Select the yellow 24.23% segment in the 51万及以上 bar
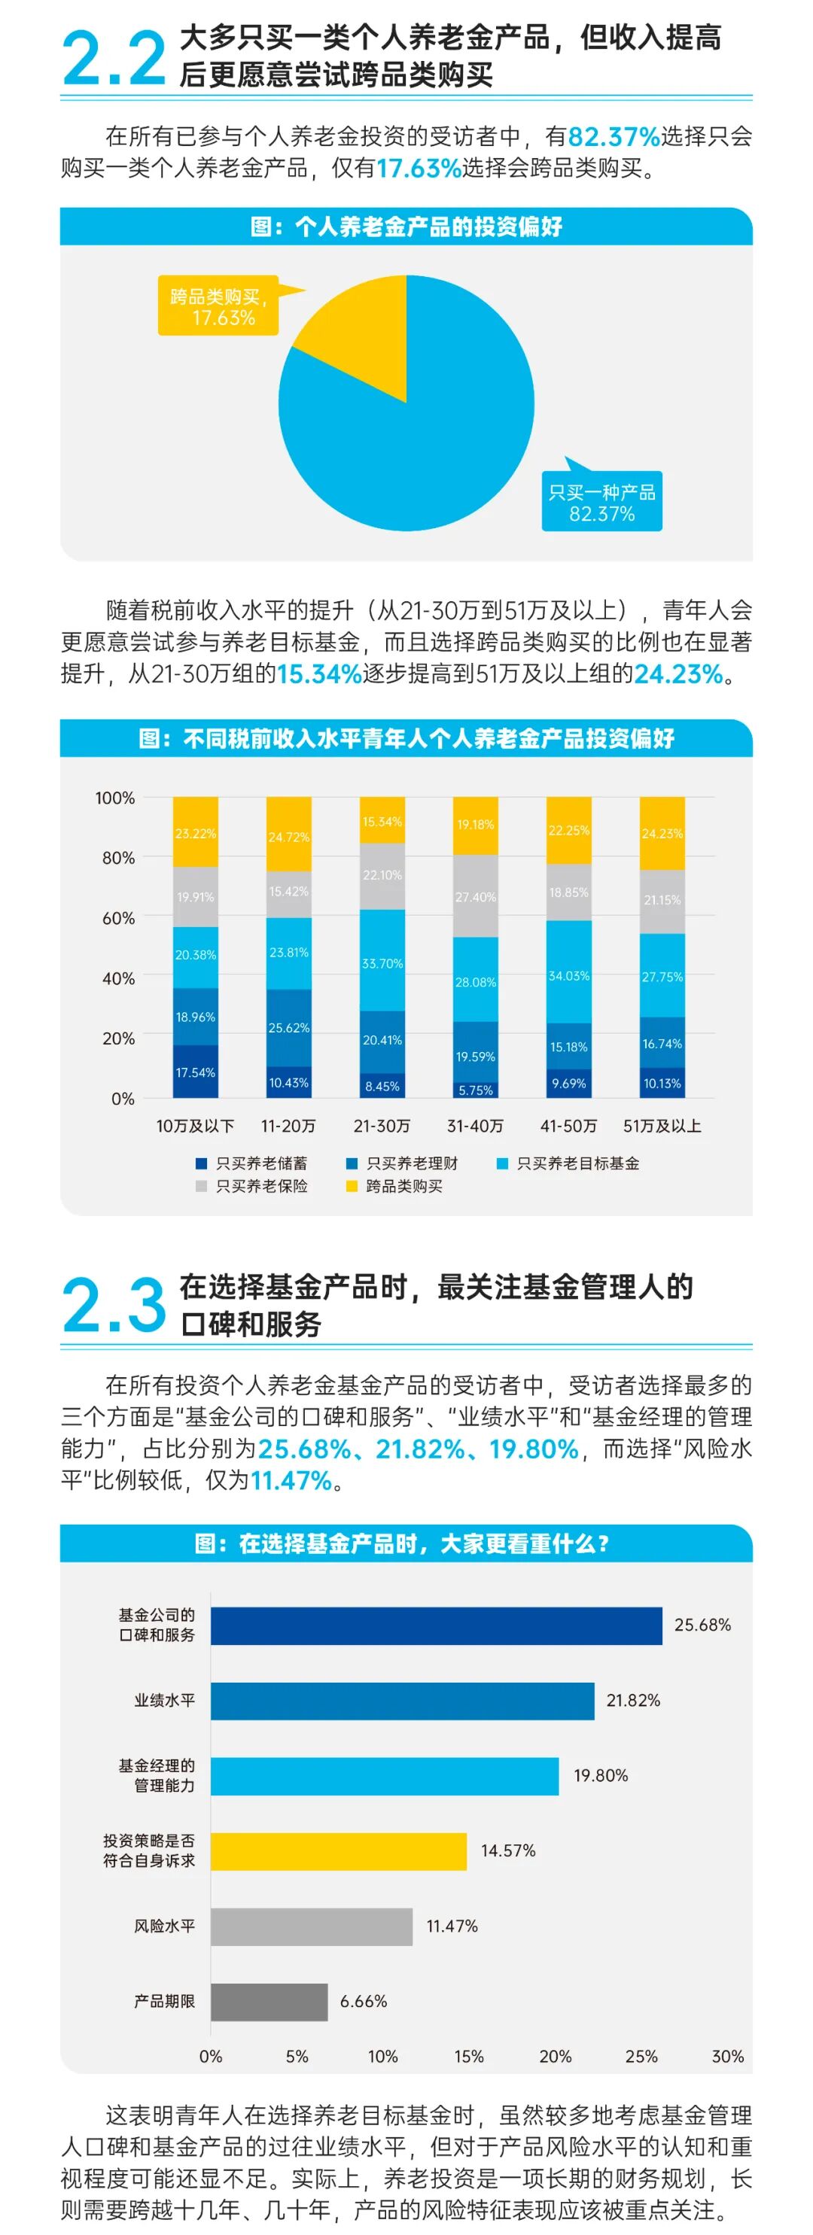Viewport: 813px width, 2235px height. pyautogui.click(x=662, y=833)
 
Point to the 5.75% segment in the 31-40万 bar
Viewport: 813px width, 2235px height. pyautogui.click(x=476, y=1090)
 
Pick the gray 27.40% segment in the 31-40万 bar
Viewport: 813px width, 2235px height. pyautogui.click(x=476, y=896)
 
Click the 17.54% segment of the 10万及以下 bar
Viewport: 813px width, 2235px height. pyautogui.click(x=195, y=1072)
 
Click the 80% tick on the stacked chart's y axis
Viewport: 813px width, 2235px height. pyautogui.click(x=118, y=858)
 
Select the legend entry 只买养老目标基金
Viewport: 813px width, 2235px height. pyautogui.click(x=577, y=1163)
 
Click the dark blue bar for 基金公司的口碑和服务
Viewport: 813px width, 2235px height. pyautogui.click(x=436, y=1625)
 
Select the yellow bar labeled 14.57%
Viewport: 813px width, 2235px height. pyautogui.click(x=339, y=1851)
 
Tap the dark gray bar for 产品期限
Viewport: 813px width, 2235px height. pyautogui.click(x=269, y=2002)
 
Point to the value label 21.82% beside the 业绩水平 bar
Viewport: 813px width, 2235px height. pyautogui.click(x=632, y=1701)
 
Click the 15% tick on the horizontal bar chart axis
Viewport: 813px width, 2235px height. pyautogui.click(x=468, y=2056)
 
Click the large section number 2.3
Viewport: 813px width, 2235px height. pyautogui.click(x=114, y=1306)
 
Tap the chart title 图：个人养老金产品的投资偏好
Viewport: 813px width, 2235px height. pyautogui.click(x=406, y=227)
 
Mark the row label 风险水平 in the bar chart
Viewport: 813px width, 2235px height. pyautogui.click(x=164, y=1926)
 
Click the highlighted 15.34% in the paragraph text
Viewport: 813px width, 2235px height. pyautogui.click(x=318, y=674)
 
